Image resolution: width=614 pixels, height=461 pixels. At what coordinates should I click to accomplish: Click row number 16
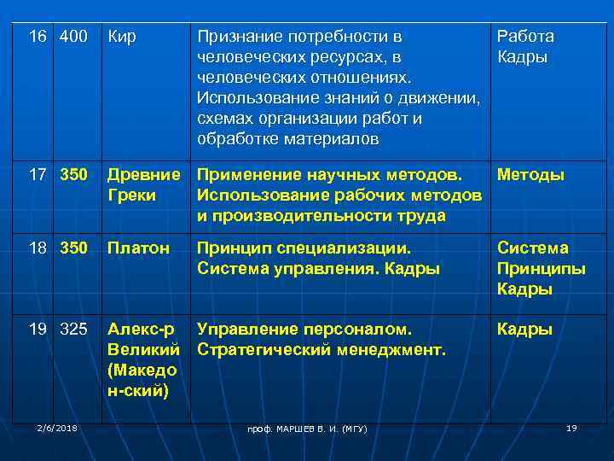38,38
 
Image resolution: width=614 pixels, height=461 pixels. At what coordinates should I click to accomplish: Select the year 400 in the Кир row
74,38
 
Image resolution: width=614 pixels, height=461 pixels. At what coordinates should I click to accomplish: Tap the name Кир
121,38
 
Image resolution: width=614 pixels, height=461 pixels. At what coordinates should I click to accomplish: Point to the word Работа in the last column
525,37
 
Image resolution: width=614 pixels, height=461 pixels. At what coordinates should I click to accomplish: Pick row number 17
38,175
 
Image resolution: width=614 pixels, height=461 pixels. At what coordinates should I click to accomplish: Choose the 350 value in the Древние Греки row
74,175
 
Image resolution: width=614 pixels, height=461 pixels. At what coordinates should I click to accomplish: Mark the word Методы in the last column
530,175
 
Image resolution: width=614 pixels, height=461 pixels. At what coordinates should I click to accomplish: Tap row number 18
38,248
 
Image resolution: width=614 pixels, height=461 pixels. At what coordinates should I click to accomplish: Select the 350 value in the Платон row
74,248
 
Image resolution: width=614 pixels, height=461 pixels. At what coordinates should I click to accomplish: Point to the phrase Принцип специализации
304,248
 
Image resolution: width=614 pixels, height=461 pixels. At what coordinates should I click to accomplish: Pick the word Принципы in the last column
541,268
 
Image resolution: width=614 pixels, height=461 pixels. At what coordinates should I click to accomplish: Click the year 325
74,329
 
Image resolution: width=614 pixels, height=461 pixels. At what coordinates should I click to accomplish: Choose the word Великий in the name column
142,349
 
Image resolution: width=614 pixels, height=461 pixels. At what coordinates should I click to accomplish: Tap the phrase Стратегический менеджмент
321,349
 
